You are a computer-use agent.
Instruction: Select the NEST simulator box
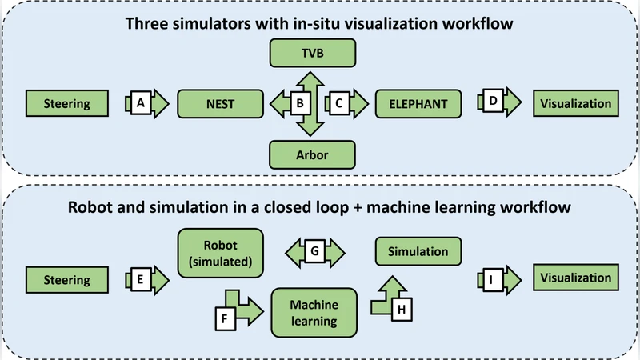click(221, 103)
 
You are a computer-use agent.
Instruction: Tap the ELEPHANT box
click(415, 103)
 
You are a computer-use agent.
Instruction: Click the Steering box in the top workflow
click(67, 103)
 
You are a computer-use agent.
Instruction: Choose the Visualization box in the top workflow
click(575, 103)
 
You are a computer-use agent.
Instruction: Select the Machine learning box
click(314, 313)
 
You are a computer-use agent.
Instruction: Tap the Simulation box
click(418, 251)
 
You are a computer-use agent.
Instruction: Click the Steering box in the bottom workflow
click(67, 279)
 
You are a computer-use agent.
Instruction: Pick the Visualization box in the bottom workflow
click(575, 278)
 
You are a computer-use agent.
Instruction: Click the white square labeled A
click(141, 103)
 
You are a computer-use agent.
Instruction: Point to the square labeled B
click(300, 103)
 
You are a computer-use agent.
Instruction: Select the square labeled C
click(338, 103)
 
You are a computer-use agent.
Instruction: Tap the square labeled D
click(493, 103)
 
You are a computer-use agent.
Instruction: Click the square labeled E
click(141, 279)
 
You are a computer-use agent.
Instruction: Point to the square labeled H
click(402, 308)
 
